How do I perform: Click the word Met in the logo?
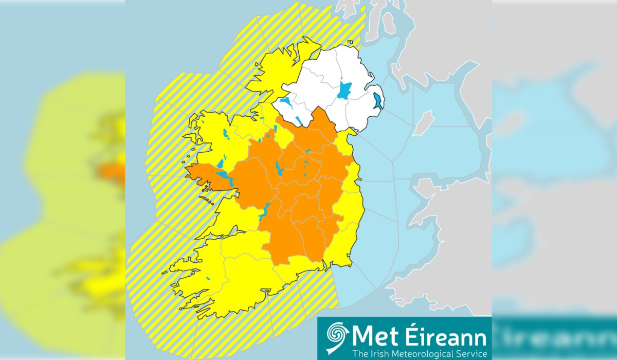369,338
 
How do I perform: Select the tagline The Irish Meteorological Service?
419,353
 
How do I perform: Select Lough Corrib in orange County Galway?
224,177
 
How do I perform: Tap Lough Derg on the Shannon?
265,210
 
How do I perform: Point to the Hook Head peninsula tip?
325,268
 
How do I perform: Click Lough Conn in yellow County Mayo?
225,135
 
